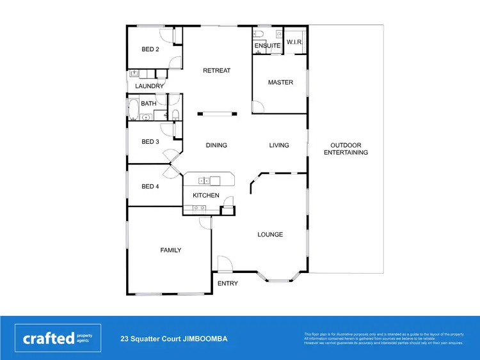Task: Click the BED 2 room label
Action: [150, 49]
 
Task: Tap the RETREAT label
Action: [216, 70]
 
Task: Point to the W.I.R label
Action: [294, 42]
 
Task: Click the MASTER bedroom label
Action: [280, 82]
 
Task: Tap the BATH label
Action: [148, 104]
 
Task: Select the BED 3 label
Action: [150, 142]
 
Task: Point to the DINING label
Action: [216, 145]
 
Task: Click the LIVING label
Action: [279, 145]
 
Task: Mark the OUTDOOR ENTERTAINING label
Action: [346, 149]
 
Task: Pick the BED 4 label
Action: [150, 187]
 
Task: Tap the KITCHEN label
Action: [206, 196]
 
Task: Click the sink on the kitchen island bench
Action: [204, 180]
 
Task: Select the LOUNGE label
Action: [270, 235]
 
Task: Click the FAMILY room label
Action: [170, 250]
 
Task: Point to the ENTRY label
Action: [227, 283]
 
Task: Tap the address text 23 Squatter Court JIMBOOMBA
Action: [174, 339]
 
